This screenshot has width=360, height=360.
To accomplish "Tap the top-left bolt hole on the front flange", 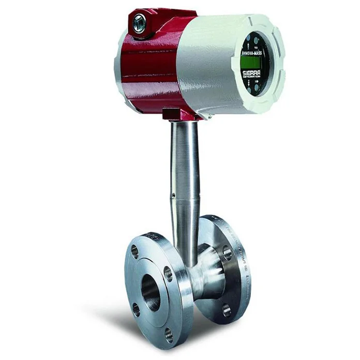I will point(135,252).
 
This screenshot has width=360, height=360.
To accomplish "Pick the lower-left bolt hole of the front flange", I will point(136,309).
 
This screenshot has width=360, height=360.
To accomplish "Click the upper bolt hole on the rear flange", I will point(227,252).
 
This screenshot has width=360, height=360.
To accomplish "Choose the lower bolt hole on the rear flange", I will point(227,310).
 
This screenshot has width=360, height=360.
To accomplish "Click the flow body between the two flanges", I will point(204,282).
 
